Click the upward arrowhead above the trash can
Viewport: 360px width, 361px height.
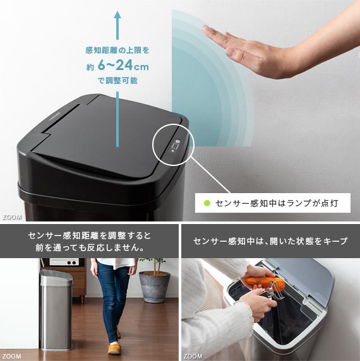point(117,16)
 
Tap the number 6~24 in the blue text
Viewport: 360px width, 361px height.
point(116,65)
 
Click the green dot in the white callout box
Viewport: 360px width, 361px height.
point(207,203)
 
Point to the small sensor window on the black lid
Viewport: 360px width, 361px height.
point(176,146)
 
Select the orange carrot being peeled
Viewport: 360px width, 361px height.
point(264,282)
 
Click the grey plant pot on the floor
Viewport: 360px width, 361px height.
point(155,287)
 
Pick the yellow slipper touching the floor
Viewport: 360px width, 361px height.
point(114,348)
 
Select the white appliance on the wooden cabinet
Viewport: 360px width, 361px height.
point(64,262)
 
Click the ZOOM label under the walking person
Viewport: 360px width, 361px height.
point(12,357)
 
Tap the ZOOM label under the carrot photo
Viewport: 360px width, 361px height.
point(193,357)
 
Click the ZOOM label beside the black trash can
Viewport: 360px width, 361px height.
point(12,217)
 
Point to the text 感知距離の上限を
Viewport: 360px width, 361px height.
point(117,50)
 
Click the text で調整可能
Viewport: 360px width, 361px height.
point(117,81)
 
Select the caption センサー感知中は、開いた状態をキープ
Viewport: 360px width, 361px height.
point(270,241)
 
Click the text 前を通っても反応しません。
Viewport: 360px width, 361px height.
point(90,248)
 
